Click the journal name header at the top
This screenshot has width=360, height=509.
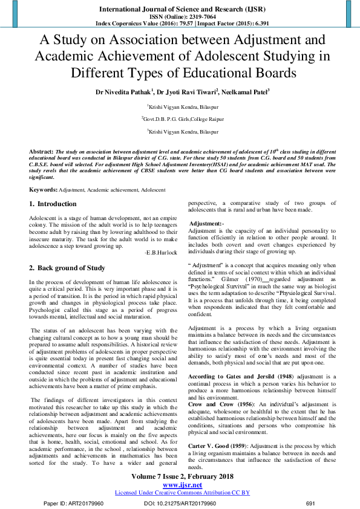[x=180, y=9]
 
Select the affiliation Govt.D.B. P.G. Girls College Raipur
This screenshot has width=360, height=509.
[x=180, y=119]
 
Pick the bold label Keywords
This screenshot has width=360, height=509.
[x=43, y=190]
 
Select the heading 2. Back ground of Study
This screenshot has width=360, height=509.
[x=67, y=268]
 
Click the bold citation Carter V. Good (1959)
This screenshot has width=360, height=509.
[x=224, y=429]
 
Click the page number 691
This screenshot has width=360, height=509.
[x=311, y=503]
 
